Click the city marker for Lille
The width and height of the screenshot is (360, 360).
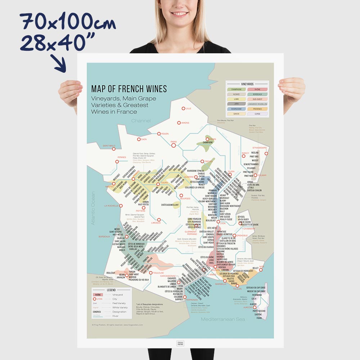pyautogui.click(x=183, y=108)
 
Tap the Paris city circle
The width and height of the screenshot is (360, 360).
pyautogui.click(x=174, y=145)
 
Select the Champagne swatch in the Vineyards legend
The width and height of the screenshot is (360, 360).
pyautogui.click(x=236, y=89)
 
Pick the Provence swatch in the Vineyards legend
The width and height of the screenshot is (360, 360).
pyautogui.click(x=257, y=109)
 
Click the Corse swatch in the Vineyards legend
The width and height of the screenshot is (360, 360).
pyautogui.click(x=257, y=114)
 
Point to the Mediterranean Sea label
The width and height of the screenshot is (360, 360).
pyautogui.click(x=223, y=319)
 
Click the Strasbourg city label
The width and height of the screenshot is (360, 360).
pyautogui.click(x=260, y=148)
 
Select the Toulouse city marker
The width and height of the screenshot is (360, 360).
pyautogui.click(x=151, y=273)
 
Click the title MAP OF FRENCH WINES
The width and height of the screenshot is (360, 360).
pyautogui.click(x=129, y=89)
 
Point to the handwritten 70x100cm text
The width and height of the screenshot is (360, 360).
pyautogui.click(x=68, y=23)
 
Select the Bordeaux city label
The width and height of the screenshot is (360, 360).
pyautogui.click(x=104, y=237)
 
